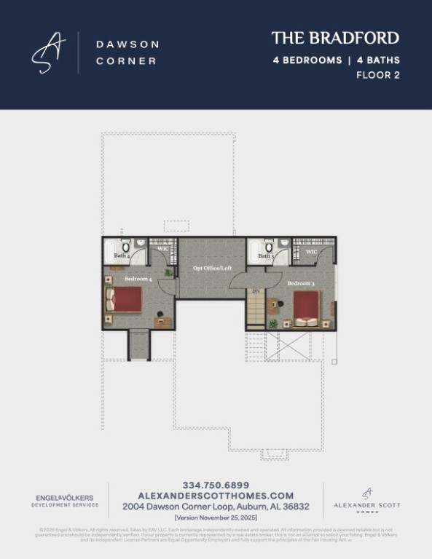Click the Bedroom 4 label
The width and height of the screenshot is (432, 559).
[138, 278]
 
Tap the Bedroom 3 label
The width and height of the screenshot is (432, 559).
[300, 283]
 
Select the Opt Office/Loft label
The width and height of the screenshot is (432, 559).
[212, 269]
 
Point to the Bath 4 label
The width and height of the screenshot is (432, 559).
[122, 256]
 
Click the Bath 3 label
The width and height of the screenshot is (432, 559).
[266, 256]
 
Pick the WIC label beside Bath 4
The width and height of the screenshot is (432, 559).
[163, 249]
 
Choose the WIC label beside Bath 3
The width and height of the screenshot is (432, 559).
[311, 252]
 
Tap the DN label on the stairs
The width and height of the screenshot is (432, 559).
[255, 291]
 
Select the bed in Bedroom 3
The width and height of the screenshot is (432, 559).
[306, 308]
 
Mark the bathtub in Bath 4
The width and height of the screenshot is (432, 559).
[109, 253]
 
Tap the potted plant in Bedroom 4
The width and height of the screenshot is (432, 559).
[168, 272]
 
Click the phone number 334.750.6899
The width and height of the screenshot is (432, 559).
[216, 485]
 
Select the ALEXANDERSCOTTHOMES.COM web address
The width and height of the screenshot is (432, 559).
[216, 495]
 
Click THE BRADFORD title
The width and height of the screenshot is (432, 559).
[335, 38]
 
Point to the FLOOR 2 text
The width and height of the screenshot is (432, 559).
[377, 75]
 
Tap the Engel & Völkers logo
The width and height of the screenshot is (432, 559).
[66, 500]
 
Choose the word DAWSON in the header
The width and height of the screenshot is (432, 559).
[127, 44]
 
